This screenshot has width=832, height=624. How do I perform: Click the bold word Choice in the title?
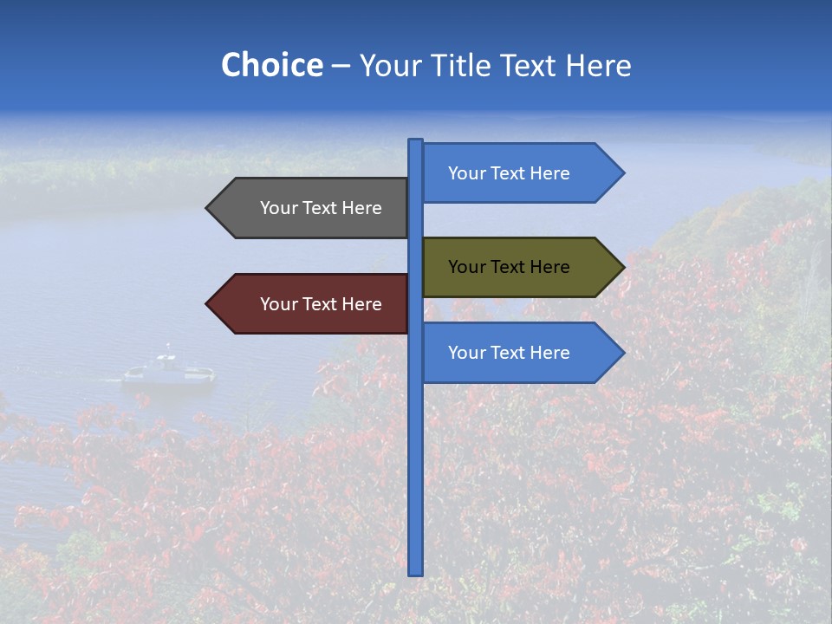pyautogui.click(x=271, y=66)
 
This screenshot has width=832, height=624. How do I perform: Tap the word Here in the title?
pyautogui.click(x=598, y=66)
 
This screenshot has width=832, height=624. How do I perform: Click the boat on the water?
pyautogui.click(x=168, y=371)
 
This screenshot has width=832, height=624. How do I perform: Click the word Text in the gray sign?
pyautogui.click(x=320, y=208)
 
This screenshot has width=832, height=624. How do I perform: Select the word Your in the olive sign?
pyautogui.click(x=466, y=267)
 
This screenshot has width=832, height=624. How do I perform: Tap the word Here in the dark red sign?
pyautogui.click(x=361, y=304)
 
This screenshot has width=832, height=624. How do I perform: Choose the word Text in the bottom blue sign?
pyautogui.click(x=508, y=353)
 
